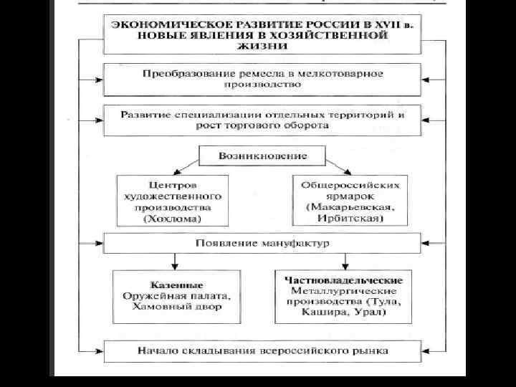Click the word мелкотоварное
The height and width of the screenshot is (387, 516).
click(342, 73)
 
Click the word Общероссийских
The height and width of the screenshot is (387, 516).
click(350, 184)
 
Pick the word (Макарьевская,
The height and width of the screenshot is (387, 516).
click(350, 207)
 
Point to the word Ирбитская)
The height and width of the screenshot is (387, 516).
click(350, 219)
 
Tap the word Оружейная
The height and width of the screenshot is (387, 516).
click(154, 296)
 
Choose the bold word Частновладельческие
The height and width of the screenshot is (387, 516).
click(344, 279)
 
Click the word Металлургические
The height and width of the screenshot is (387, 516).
click(344, 292)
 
